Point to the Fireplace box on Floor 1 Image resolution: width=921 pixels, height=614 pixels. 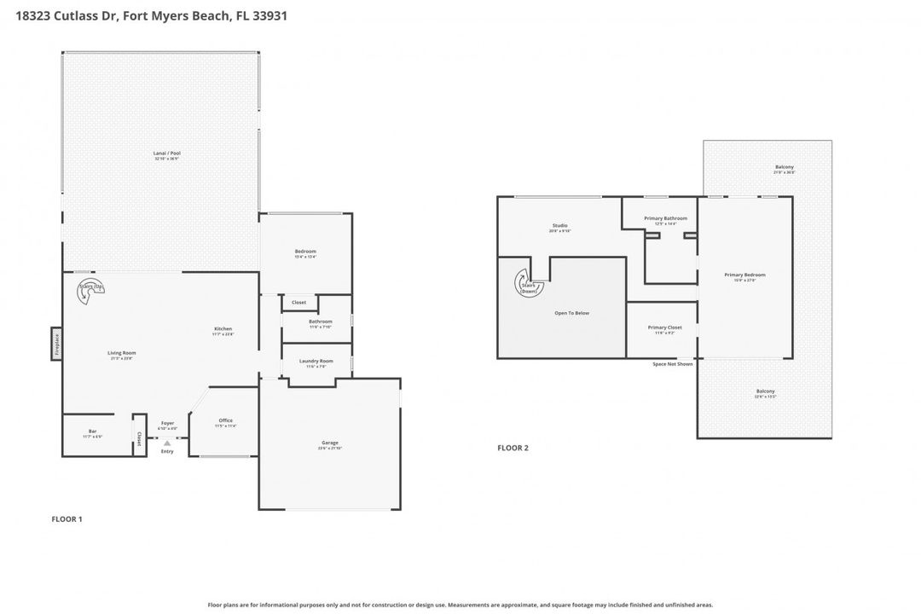pos(57,344)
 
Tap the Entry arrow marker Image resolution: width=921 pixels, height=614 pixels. pos(167,443)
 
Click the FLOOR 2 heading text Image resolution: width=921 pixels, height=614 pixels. pos(513,448)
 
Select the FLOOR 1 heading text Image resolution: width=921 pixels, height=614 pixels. pos(67,518)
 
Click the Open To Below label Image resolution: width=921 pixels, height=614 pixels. pos(571,313)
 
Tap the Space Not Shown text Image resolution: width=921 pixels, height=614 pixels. pos(673,364)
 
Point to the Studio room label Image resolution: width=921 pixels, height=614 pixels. pos(559,228)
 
